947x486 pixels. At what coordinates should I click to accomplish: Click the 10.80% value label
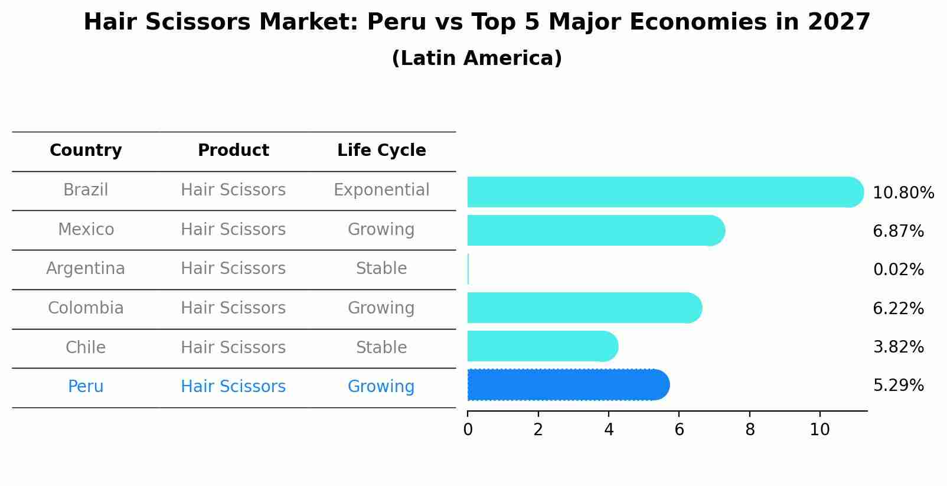click(x=903, y=193)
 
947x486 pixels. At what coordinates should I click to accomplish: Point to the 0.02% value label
click(x=898, y=270)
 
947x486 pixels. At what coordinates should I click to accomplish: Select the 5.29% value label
click(x=898, y=386)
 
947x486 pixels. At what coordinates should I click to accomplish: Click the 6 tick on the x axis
click(x=679, y=430)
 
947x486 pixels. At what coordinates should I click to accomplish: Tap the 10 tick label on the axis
click(x=819, y=430)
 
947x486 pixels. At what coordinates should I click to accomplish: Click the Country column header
click(x=86, y=151)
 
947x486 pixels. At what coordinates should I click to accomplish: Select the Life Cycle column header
click(x=381, y=151)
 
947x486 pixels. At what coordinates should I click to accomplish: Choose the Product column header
click(x=233, y=151)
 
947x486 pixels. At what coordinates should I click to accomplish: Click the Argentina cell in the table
click(x=86, y=269)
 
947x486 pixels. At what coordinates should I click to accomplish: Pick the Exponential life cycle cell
click(x=381, y=190)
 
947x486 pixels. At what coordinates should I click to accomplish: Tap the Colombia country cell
click(x=86, y=308)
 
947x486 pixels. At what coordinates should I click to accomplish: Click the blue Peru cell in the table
click(x=86, y=387)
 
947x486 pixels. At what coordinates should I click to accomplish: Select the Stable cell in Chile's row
click(x=381, y=348)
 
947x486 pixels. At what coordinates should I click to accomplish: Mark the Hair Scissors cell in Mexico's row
click(x=233, y=230)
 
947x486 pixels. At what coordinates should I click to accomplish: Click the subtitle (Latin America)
click(x=476, y=58)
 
